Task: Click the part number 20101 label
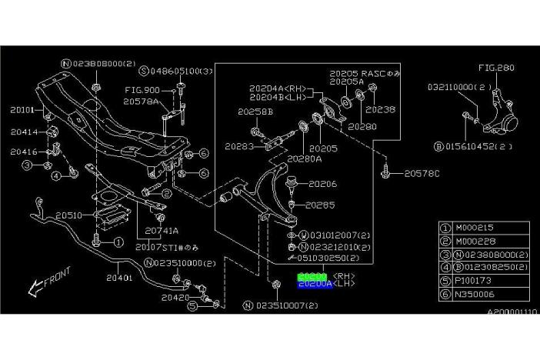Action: [22, 109]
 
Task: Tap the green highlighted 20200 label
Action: [312, 275]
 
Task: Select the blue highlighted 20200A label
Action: [315, 284]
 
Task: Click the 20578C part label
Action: [422, 173]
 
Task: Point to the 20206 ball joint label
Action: [322, 184]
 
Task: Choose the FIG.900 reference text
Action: [141, 90]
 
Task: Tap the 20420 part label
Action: [176, 296]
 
